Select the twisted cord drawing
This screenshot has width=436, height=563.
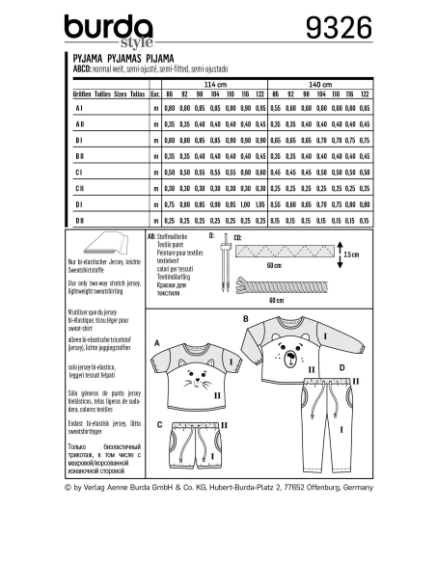point(285,286)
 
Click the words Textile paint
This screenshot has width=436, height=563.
point(162,242)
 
